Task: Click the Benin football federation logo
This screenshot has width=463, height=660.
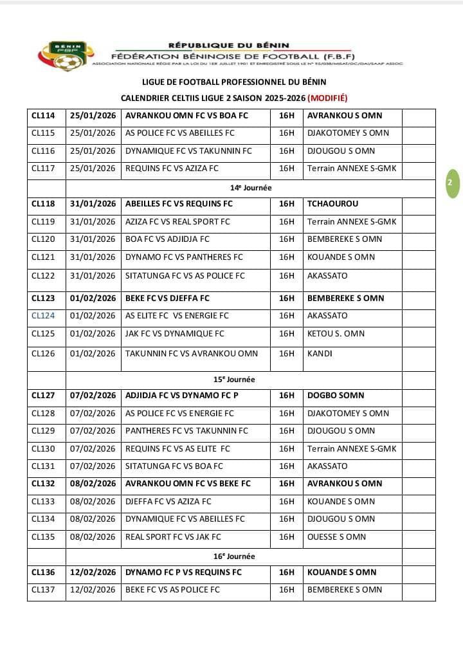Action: [x=64, y=55]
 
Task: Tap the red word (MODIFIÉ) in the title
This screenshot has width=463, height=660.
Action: [x=327, y=98]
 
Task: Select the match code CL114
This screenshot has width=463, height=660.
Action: [x=43, y=116]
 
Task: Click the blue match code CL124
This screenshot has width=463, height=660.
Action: [x=43, y=316]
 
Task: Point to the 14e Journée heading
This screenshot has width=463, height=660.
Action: [x=251, y=188]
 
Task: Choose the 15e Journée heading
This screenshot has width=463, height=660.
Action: [x=251, y=380]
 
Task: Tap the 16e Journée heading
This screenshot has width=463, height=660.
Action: [x=251, y=556]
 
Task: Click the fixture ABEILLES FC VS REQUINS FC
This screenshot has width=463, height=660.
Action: [x=179, y=204]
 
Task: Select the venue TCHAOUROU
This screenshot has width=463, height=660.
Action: [x=332, y=204]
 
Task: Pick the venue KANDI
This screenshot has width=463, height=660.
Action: [x=320, y=353]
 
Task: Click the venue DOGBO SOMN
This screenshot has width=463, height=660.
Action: [x=335, y=396]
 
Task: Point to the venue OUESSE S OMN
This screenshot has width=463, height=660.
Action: [x=336, y=537]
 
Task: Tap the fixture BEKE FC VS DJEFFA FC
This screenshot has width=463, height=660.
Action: [x=167, y=298]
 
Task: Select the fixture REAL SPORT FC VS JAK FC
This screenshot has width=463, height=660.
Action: [x=173, y=537]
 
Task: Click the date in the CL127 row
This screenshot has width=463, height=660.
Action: [x=93, y=396]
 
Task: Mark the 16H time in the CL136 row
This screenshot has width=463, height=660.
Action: [x=286, y=573]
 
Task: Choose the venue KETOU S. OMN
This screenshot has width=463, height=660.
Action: [x=336, y=334]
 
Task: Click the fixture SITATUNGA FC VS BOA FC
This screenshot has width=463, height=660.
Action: [x=174, y=466]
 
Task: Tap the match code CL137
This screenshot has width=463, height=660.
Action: [x=43, y=590]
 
